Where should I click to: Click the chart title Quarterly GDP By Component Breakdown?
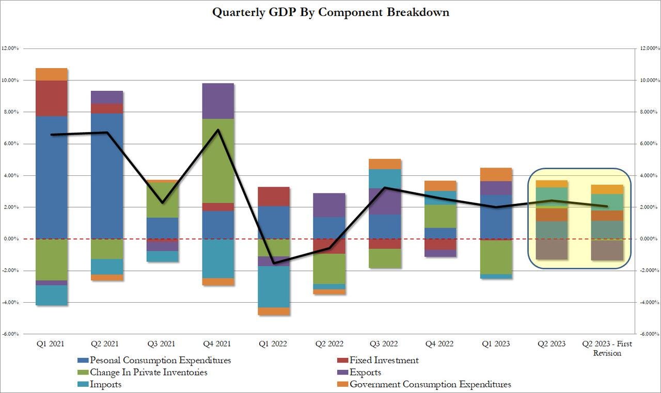click(x=330, y=12)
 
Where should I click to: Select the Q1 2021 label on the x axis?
click(x=51, y=344)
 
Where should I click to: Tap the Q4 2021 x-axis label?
click(x=217, y=344)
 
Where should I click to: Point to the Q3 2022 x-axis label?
click(x=385, y=344)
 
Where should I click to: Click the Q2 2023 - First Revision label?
click(x=607, y=348)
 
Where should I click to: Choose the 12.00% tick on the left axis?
click(x=10, y=48)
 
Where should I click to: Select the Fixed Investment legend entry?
click(x=384, y=361)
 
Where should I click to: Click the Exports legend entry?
click(x=365, y=372)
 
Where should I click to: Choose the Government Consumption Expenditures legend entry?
click(x=430, y=384)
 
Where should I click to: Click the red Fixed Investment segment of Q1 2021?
click(x=51, y=98)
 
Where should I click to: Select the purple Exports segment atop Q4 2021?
click(x=217, y=101)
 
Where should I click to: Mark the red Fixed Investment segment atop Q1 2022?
click(x=273, y=196)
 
